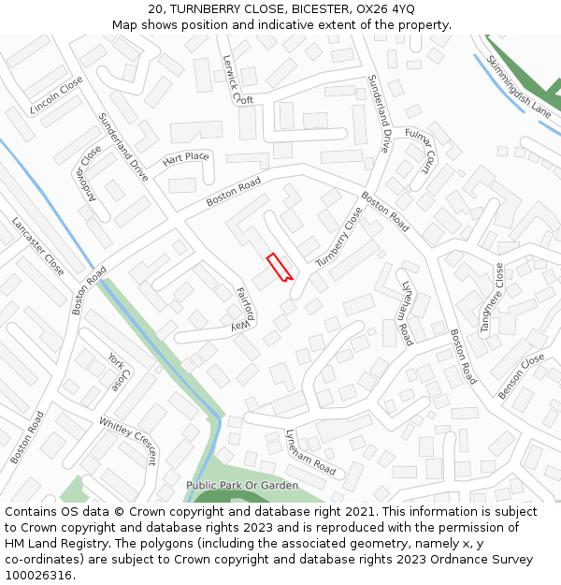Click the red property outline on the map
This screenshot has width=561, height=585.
[x=280, y=267]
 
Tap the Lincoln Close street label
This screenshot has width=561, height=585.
[x=56, y=95]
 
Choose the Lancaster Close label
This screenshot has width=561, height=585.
[x=38, y=246]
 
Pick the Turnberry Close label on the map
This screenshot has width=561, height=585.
[x=339, y=236]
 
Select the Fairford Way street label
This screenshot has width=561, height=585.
[x=243, y=308]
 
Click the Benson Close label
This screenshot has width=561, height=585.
[x=522, y=376]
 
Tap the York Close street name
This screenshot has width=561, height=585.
[x=116, y=372]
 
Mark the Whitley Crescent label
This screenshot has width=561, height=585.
[x=128, y=441]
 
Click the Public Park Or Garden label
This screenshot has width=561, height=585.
[x=242, y=486]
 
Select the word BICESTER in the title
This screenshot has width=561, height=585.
[x=323, y=8]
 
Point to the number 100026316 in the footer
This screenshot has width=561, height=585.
[x=38, y=576]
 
